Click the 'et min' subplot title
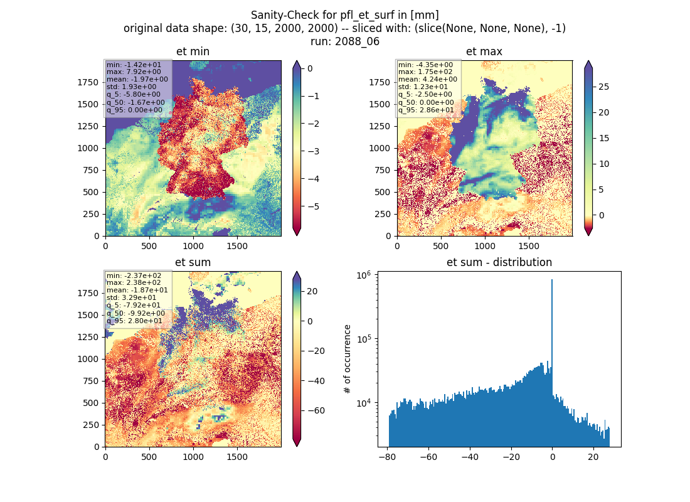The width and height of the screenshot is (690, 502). click(193, 51)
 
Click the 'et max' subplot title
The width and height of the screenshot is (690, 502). click(484, 51)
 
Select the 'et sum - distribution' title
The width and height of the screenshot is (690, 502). click(499, 262)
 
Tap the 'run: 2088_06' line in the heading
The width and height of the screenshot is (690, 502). click(345, 41)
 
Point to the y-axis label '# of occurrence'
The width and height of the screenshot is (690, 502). click(348, 360)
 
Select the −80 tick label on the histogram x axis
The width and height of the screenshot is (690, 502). click(387, 457)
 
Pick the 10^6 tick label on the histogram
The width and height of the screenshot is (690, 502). click(363, 275)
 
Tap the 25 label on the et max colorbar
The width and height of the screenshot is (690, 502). click(604, 87)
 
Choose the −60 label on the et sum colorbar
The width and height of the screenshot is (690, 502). click(316, 410)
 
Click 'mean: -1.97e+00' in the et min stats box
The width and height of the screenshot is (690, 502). click(137, 79)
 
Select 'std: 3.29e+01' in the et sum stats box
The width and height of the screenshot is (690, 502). click(131, 297)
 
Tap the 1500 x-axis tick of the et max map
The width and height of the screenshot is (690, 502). click(529, 246)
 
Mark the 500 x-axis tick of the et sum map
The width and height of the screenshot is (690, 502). click(149, 457)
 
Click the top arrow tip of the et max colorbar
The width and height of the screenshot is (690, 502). click(588, 61)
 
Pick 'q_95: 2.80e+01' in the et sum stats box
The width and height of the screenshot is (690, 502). click(134, 321)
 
